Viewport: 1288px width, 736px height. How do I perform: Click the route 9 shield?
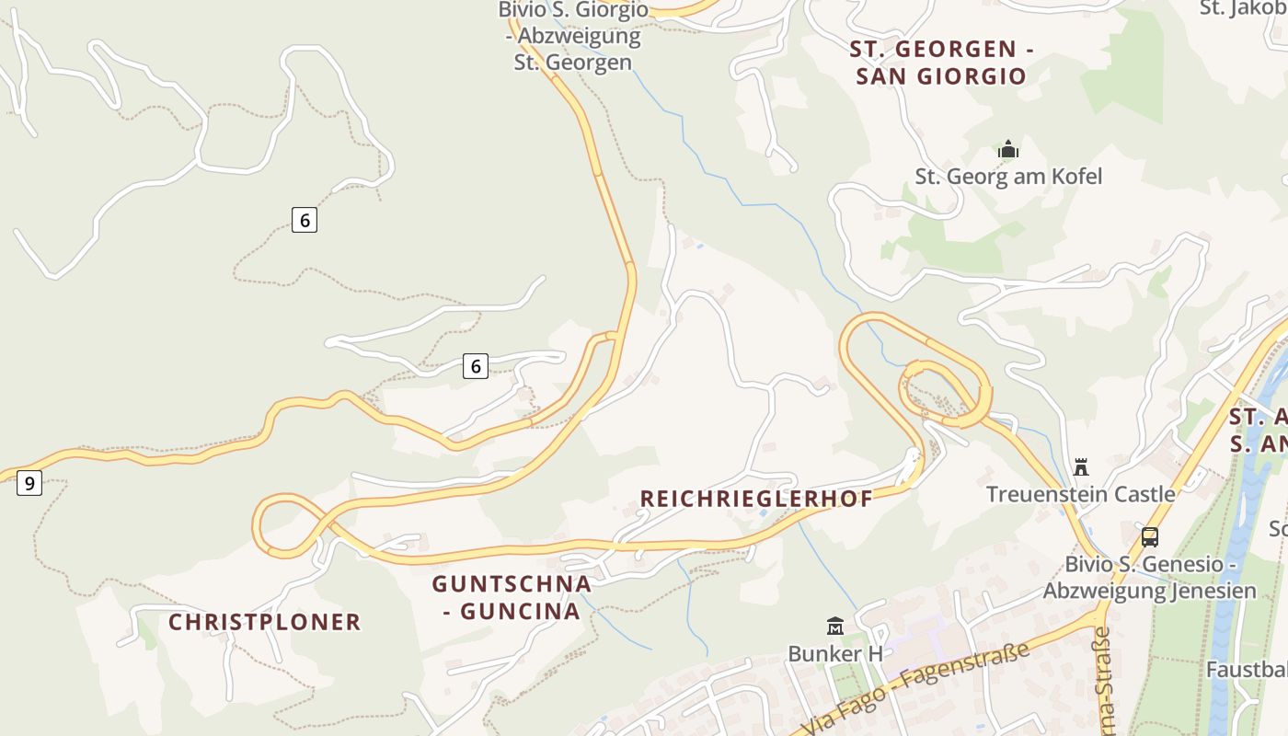pyautogui.click(x=29, y=482)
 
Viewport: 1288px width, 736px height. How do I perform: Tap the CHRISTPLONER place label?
pyautogui.click(x=265, y=622)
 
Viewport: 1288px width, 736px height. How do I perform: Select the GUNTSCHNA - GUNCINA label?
pyautogui.click(x=512, y=597)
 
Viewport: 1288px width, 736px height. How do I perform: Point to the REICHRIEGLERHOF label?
pyautogui.click(x=756, y=499)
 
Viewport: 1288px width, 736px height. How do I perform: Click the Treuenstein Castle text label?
pyautogui.click(x=1081, y=494)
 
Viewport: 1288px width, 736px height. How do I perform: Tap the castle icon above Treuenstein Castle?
pyautogui.click(x=1081, y=466)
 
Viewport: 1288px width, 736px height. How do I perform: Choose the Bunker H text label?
pyautogui.click(x=835, y=653)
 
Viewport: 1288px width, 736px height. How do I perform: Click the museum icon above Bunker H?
pyautogui.click(x=835, y=627)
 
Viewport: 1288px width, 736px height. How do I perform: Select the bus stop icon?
pyautogui.click(x=1149, y=536)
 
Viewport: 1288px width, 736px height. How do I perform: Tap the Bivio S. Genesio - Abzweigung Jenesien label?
pyautogui.click(x=1149, y=577)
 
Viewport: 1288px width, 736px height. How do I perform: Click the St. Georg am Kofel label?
pyautogui.click(x=1008, y=176)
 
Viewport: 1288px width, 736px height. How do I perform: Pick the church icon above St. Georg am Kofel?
pyautogui.click(x=1008, y=149)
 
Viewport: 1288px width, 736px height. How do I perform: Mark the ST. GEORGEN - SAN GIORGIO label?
pyautogui.click(x=941, y=63)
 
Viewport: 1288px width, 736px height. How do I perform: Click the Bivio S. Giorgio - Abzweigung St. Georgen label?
pyautogui.click(x=573, y=37)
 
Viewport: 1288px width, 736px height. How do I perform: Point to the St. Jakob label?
pyautogui.click(x=1243, y=8)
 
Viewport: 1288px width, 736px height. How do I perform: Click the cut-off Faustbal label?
pyautogui.click(x=1247, y=669)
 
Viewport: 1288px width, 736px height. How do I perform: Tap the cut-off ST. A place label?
pyautogui.click(x=1258, y=430)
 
